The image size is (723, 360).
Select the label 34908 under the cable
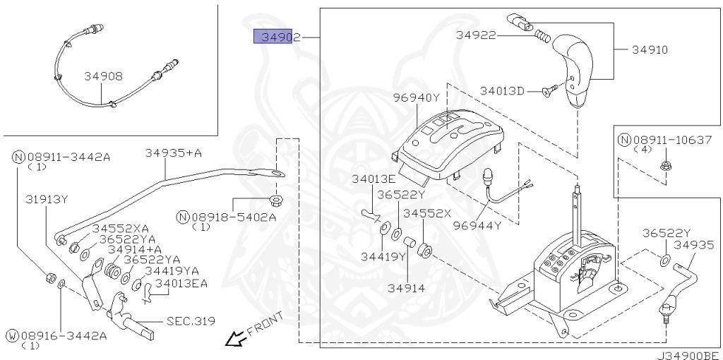[x=103, y=76]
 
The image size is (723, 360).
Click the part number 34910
[x=650, y=50]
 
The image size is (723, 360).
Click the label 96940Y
[x=417, y=97]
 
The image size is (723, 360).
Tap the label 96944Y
[x=477, y=226]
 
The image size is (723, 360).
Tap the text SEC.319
[x=191, y=321]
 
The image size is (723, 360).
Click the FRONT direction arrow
[x=234, y=341]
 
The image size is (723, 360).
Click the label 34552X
[x=427, y=212]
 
